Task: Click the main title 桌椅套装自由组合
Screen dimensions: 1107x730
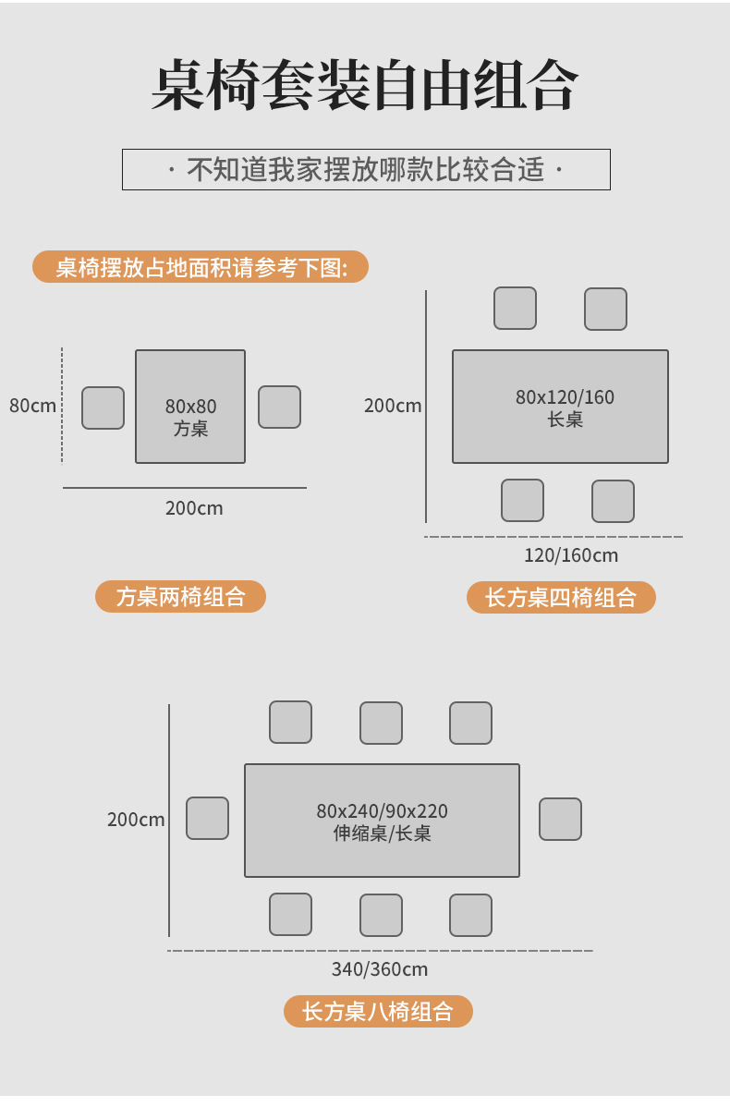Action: pos(365,87)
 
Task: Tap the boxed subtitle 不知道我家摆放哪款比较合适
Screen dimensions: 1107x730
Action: pos(366,170)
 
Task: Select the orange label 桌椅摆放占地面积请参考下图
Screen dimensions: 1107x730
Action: pos(201,267)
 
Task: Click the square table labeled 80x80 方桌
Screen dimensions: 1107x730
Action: pos(190,407)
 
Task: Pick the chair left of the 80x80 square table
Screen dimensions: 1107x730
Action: pos(103,408)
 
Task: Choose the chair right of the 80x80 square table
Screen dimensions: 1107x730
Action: pos(279,407)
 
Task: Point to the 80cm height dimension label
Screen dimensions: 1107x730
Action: pos(32,405)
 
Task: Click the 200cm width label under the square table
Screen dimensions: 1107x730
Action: pos(194,507)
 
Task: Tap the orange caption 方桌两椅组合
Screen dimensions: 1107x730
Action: pos(180,596)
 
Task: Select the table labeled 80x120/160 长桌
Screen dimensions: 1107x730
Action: pos(560,407)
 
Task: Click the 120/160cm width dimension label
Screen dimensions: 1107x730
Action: pos(570,554)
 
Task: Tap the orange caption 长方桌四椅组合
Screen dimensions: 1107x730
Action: pos(561,597)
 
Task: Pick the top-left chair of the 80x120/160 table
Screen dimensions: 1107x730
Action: pos(515,308)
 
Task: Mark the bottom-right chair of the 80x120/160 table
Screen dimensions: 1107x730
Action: pos(613,501)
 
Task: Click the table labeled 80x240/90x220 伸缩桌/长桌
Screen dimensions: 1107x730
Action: pos(382,821)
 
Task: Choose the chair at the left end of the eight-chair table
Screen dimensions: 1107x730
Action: pos(207,818)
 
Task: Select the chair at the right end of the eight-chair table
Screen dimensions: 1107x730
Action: pos(560,819)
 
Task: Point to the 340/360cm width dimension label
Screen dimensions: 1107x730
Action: pos(379,968)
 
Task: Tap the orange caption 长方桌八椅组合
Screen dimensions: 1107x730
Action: pos(378,1011)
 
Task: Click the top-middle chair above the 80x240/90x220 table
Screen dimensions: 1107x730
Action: pos(381,723)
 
